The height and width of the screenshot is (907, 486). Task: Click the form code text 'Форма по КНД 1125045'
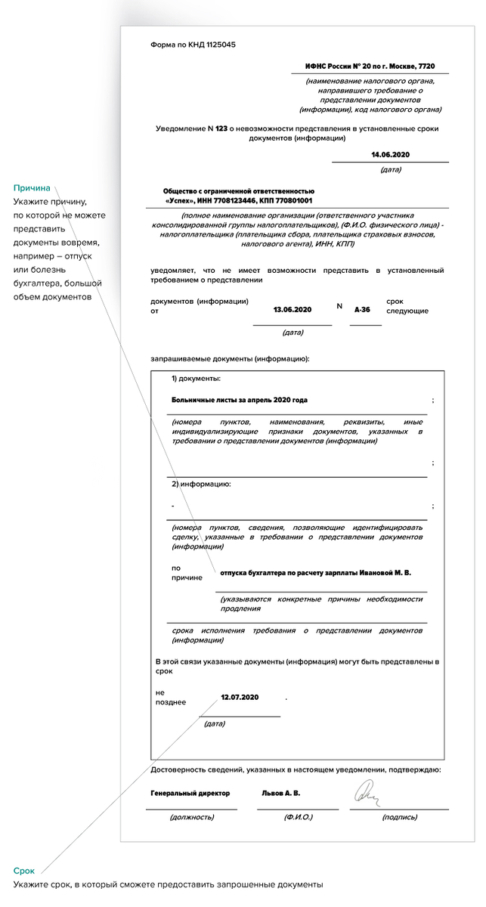point(193,45)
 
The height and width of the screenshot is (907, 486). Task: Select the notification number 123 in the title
point(221,128)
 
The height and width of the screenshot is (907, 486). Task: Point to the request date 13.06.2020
point(293,310)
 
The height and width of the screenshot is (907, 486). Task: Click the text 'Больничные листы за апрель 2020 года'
point(240,399)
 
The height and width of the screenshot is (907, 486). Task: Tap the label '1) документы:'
point(196,378)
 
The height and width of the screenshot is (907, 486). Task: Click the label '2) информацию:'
point(201,483)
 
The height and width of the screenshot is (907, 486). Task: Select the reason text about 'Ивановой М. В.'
point(315,574)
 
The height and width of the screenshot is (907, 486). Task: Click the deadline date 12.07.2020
point(240,697)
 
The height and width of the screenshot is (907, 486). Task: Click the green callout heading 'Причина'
point(31,187)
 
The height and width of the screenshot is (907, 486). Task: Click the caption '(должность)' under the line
point(192,817)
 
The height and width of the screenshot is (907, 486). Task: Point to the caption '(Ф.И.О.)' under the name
point(298,817)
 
